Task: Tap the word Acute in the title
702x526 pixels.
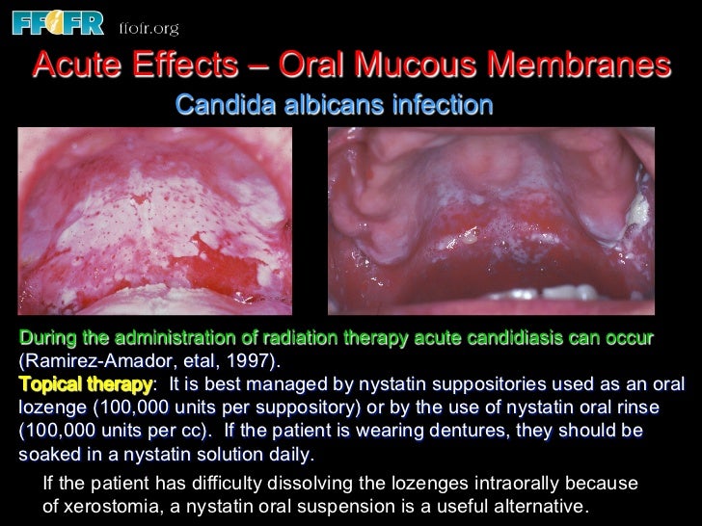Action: (80, 66)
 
